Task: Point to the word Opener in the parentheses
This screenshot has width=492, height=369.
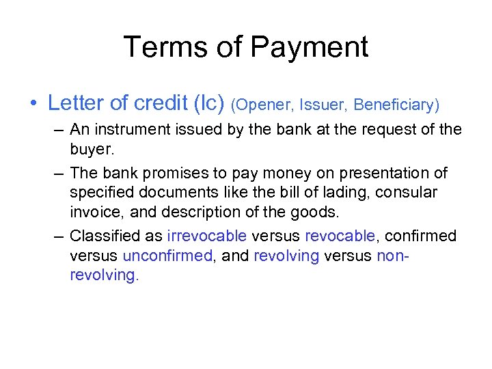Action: click(259, 105)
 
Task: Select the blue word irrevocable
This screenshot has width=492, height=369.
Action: click(206, 236)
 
